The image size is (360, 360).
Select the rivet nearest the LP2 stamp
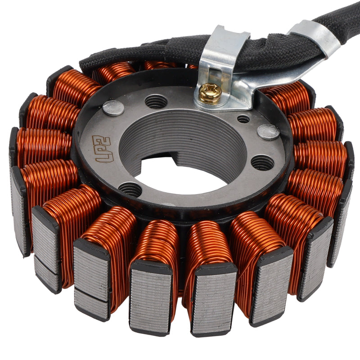point(113,108)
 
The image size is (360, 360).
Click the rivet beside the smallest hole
point(268,131)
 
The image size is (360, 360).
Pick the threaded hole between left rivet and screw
point(156,102)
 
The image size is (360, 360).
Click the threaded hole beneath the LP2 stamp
point(130,189)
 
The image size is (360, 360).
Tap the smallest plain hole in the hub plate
point(243,119)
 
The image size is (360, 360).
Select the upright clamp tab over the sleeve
point(223,49)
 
